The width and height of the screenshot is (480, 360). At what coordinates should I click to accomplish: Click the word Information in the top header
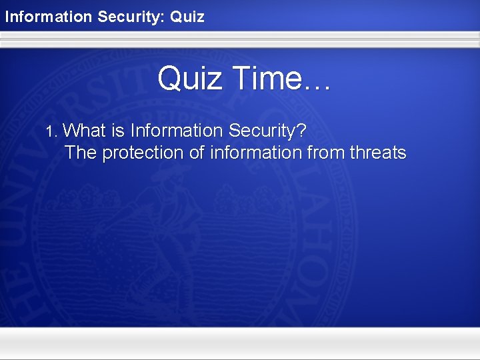click(x=49, y=16)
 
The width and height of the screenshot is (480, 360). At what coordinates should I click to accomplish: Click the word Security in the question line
click(x=261, y=130)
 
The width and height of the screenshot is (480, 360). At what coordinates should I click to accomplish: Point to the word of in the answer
click(x=197, y=153)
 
